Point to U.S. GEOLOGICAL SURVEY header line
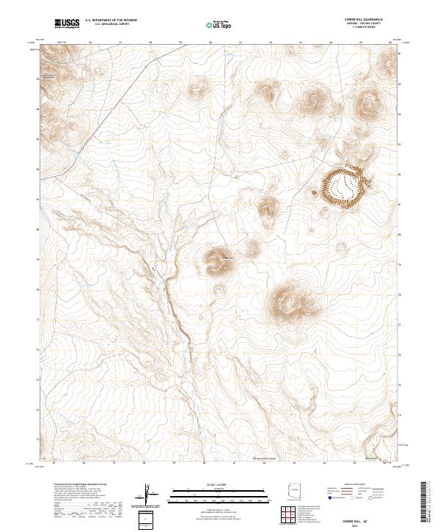pyautogui.click(x=111, y=25)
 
